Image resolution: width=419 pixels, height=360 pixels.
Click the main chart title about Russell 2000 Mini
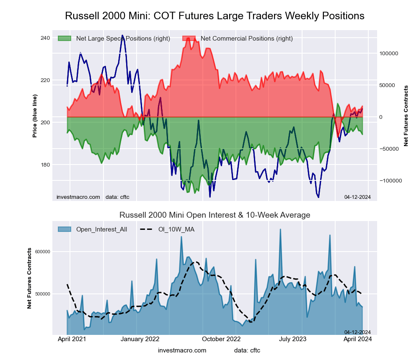[x=215, y=16]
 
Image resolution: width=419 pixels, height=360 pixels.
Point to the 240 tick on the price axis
[x=44, y=38]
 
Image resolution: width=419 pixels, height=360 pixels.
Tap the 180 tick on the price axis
[x=44, y=165]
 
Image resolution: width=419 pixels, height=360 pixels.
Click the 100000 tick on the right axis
[x=388, y=54]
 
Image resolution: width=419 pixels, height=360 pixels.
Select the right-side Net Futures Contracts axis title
[x=406, y=116]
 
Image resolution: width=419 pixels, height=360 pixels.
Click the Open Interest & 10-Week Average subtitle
[x=215, y=215]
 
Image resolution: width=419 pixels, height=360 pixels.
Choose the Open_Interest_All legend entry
[x=101, y=229]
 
